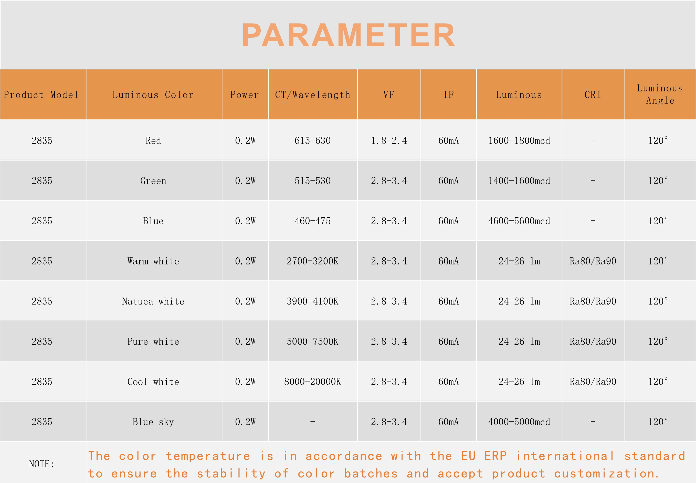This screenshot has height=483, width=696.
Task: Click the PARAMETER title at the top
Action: click(x=348, y=35)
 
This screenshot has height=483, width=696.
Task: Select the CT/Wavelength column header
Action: click(x=313, y=95)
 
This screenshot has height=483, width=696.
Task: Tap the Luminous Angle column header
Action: click(x=660, y=94)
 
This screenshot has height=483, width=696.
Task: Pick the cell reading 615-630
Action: click(x=313, y=140)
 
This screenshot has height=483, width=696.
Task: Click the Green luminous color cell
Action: click(x=153, y=181)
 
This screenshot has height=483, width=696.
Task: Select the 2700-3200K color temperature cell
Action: click(x=313, y=261)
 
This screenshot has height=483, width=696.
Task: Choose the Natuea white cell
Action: click(x=153, y=301)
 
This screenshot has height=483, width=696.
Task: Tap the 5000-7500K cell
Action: click(x=313, y=341)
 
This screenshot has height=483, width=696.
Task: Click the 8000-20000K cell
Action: click(x=313, y=382)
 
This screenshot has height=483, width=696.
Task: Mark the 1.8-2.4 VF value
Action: click(x=389, y=140)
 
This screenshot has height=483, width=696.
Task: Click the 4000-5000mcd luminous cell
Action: click(x=519, y=422)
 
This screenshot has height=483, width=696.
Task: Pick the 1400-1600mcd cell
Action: click(x=519, y=181)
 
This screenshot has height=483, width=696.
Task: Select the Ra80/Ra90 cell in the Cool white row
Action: click(x=593, y=382)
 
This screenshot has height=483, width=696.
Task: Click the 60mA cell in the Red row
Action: click(x=448, y=140)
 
